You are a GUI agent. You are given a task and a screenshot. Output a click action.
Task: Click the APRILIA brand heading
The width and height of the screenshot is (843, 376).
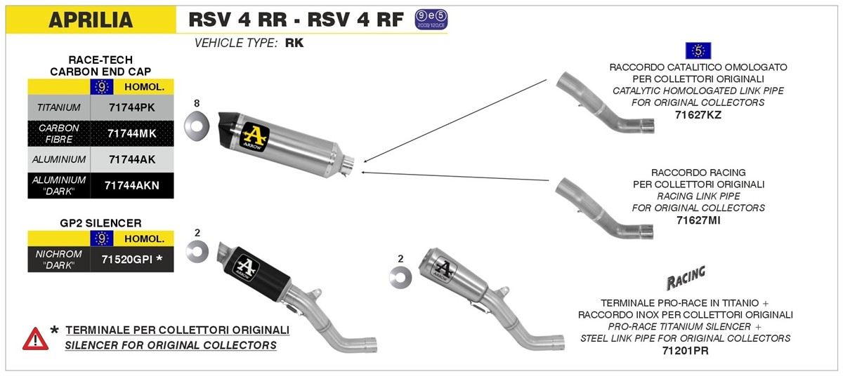(91, 20)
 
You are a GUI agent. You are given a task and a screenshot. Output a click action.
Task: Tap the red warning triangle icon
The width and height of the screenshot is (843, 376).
(35, 338)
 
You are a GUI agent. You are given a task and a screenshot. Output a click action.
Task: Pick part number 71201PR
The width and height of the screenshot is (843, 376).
(685, 350)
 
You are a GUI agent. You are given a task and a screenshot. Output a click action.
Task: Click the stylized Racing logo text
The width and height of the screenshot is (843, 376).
(685, 278)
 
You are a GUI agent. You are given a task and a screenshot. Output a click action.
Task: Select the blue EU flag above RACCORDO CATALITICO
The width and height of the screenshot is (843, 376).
(698, 51)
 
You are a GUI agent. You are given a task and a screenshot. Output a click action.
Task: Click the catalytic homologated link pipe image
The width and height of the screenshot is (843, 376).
(604, 102)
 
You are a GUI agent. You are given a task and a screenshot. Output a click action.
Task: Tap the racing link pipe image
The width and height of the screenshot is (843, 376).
(604, 207)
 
